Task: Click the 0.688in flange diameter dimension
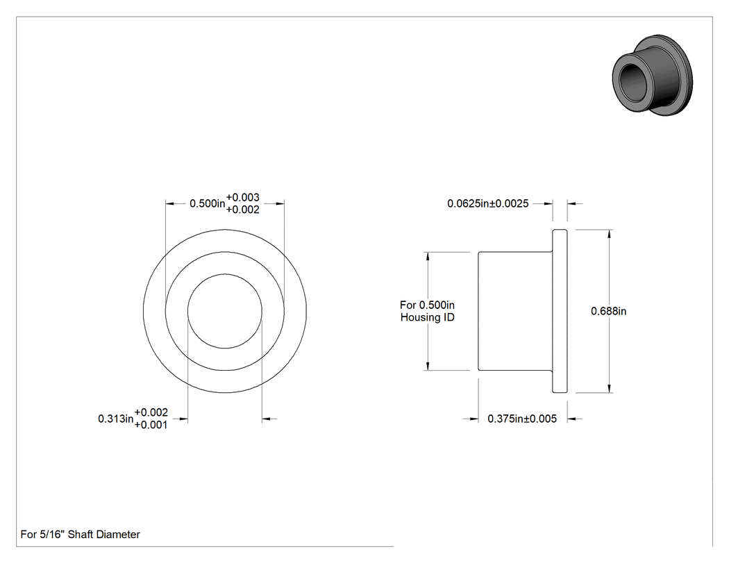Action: [608, 311]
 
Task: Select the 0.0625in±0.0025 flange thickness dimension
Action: [487, 203]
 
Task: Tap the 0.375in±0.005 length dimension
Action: [521, 419]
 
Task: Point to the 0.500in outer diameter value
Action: [208, 203]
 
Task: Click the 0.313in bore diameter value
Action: [116, 419]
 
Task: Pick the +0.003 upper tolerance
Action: [243, 198]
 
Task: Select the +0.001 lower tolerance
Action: [151, 425]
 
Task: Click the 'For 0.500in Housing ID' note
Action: [427, 311]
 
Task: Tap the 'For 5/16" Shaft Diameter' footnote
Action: [80, 535]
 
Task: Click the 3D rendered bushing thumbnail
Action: [653, 75]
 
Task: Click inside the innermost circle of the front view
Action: [224, 311]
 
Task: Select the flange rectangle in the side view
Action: [560, 311]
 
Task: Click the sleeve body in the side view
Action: [515, 311]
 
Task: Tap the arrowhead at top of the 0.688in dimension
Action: [609, 235]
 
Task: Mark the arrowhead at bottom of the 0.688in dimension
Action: [609, 388]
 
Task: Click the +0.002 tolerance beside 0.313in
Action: [151, 412]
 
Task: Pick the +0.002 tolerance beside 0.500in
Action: [243, 210]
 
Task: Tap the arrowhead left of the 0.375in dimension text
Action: [474, 419]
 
